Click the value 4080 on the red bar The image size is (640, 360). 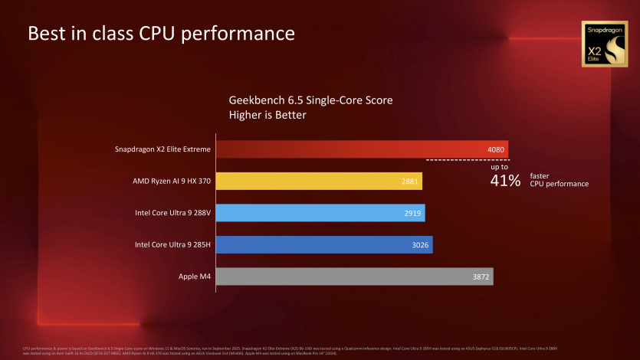point(495,149)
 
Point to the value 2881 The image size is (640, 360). point(409,182)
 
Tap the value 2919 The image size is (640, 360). point(412,213)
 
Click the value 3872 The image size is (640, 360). point(481,277)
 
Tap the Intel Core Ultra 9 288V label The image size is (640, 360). point(172,213)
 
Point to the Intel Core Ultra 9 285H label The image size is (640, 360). point(172,244)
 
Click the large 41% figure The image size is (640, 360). point(505,181)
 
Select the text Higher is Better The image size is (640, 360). point(267,116)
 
